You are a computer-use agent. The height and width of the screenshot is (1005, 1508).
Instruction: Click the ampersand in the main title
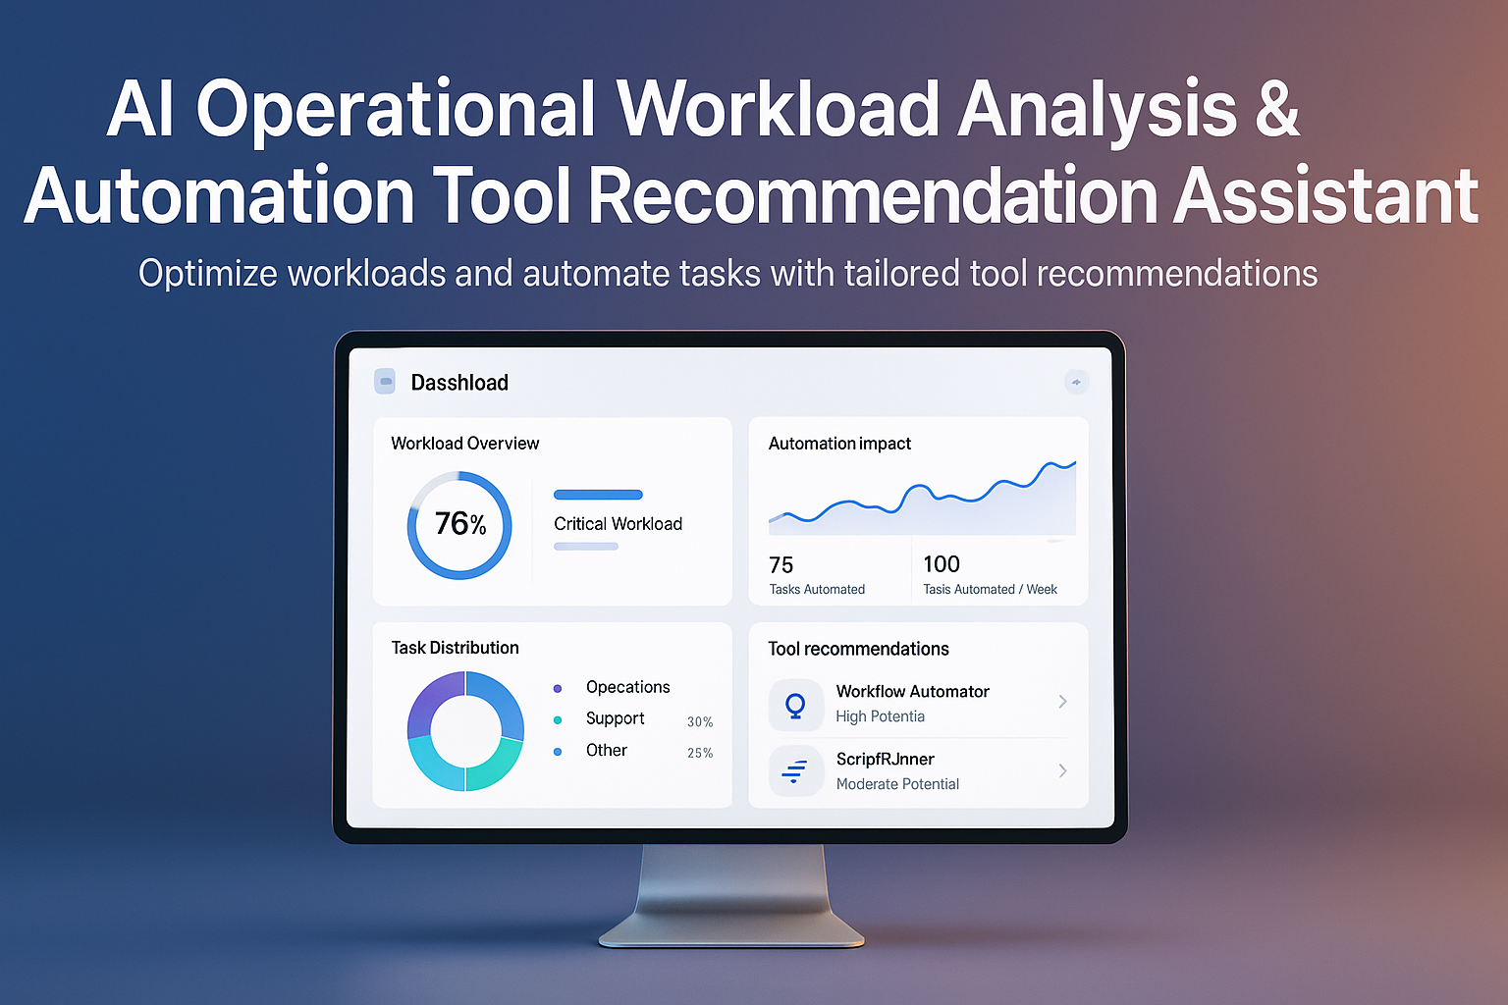pos(1275,109)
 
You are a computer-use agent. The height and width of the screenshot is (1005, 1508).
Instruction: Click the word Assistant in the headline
pos(1326,196)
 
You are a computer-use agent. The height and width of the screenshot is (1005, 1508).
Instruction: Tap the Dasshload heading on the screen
pos(459,383)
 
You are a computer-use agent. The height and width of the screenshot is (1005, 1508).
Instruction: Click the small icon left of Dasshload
pos(385,382)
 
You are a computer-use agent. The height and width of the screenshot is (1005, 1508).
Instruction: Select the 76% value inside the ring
pos(460,524)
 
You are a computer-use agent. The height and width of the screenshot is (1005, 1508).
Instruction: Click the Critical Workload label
pos(618,524)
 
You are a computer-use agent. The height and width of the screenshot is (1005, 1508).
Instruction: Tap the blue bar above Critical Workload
pos(598,495)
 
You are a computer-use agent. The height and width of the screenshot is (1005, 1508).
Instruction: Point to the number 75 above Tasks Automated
pos(781,565)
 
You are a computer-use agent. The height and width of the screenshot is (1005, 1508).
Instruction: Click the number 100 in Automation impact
pos(942,564)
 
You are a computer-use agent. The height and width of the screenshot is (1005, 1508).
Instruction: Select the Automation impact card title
pos(839,444)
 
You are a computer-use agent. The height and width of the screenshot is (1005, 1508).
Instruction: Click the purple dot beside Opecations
pos(558,688)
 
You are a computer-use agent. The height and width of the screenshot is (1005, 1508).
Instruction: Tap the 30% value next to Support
pos(700,722)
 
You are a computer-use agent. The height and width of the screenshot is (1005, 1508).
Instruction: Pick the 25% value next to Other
pos(700,754)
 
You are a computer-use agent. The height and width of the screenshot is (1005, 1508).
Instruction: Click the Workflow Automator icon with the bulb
pos(795,705)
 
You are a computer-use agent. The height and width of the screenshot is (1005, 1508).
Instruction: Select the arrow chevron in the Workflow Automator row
pos(1062,702)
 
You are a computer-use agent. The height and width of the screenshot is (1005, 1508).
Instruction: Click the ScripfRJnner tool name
pos(885,760)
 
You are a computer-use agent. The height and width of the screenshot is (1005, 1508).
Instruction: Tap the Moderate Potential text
pos(897,784)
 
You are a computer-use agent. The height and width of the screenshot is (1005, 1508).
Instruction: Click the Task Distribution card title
pos(455,648)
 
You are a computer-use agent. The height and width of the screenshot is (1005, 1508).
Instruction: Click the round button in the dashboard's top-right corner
pos(1076,382)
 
